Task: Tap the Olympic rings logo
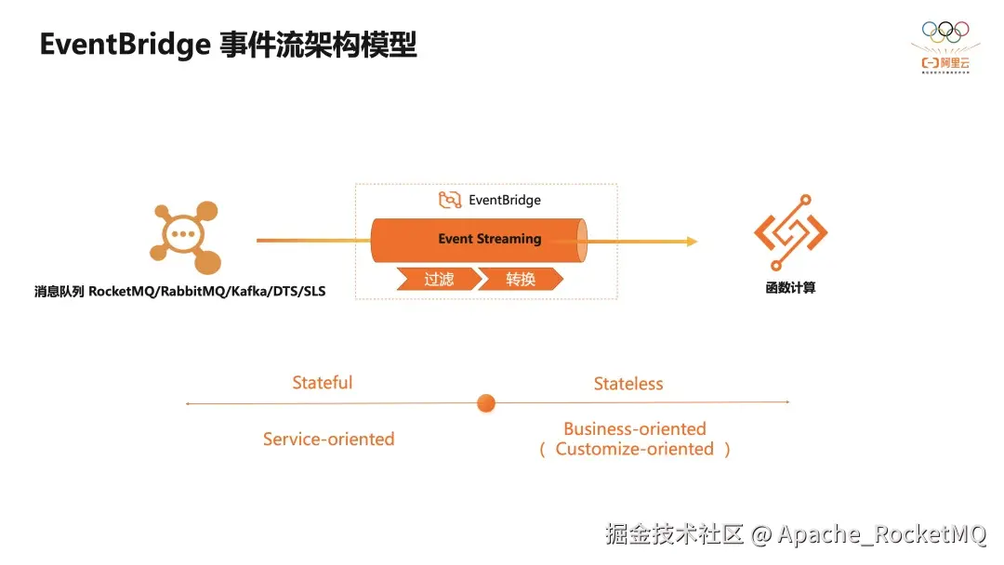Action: tap(945, 32)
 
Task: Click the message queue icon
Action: tap(185, 238)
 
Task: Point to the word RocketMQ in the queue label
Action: tap(120, 292)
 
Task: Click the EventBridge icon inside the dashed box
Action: tap(450, 200)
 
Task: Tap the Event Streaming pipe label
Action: tap(489, 239)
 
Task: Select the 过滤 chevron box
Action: tap(438, 279)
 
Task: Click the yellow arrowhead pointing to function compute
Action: tap(692, 242)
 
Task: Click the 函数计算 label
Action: tap(790, 288)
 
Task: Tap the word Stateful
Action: tap(322, 383)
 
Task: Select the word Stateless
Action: tap(628, 384)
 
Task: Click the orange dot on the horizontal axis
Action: tap(485, 403)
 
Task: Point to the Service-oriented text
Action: tap(328, 439)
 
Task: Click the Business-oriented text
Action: tap(635, 429)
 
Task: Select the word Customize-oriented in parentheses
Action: tap(635, 449)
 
